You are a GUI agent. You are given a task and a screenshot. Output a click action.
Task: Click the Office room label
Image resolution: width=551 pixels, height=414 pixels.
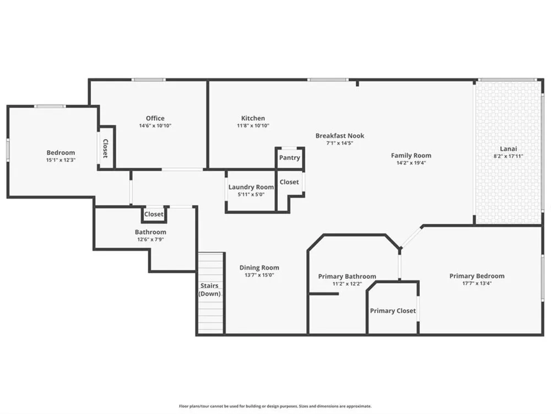[155, 118]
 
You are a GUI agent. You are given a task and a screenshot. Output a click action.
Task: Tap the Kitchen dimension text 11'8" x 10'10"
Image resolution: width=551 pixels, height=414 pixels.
[253, 126]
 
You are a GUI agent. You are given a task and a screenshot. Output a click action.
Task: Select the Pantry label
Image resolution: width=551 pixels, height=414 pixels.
[290, 158]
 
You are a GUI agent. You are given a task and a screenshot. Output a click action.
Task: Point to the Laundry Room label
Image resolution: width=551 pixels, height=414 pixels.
[251, 187]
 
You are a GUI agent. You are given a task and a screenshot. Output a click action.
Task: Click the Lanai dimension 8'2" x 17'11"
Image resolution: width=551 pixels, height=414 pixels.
[508, 156]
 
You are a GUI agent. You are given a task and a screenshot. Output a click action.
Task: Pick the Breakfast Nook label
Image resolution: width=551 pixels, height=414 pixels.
[340, 136]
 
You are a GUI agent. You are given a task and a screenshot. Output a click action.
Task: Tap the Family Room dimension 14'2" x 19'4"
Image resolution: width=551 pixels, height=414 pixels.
[411, 163]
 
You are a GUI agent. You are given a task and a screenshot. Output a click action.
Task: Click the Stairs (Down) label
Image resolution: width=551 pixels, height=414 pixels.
[209, 290]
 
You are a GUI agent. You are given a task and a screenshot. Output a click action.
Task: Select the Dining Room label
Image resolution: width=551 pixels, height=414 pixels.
[260, 268]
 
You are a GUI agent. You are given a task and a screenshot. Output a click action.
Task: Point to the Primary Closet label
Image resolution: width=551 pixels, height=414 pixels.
[393, 311]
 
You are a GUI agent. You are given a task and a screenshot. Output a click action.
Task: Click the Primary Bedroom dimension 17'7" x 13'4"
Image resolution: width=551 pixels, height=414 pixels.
[477, 283]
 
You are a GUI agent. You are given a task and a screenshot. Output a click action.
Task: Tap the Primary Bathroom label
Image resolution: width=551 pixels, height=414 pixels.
[347, 277]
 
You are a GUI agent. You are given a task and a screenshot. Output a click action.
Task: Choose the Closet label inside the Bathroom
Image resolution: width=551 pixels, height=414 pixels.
[154, 214]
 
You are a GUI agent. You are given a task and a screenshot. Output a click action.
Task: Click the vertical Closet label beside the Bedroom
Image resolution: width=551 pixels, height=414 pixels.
[105, 148]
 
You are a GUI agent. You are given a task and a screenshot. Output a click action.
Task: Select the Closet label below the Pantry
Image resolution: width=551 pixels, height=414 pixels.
[289, 182]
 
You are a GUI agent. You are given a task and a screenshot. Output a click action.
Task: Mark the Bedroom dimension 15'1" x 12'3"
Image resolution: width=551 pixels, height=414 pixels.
[61, 160]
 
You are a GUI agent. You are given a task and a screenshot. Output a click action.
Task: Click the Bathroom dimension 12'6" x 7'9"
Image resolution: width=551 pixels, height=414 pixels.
[150, 240]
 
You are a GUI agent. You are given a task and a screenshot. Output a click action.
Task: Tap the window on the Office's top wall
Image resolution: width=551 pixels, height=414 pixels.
[149, 80]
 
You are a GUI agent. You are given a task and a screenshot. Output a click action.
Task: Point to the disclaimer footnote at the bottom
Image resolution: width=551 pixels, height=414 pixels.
[275, 406]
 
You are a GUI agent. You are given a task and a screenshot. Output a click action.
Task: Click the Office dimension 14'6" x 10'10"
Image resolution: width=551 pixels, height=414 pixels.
[155, 126]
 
